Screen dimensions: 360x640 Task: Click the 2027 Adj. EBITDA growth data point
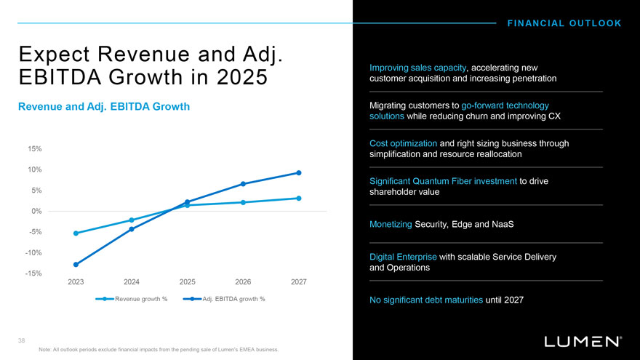pyautogui.click(x=299, y=172)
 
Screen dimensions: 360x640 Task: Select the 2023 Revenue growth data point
pyautogui.click(x=76, y=233)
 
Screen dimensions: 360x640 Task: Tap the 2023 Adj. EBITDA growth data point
pyautogui.click(x=76, y=265)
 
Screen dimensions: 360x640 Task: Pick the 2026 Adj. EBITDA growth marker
pyautogui.click(x=243, y=184)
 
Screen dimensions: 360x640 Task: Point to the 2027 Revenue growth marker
pyautogui.click(x=299, y=199)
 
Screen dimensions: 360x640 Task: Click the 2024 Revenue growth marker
pyautogui.click(x=132, y=220)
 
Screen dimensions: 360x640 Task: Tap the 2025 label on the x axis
pyautogui.click(x=188, y=281)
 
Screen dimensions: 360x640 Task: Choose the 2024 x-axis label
pyautogui.click(x=132, y=281)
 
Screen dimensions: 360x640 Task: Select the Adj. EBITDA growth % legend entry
pyautogui.click(x=226, y=299)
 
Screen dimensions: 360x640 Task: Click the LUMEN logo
pyautogui.click(x=583, y=340)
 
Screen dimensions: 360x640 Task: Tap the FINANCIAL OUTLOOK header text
pyautogui.click(x=564, y=23)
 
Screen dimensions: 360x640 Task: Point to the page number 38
pyautogui.click(x=23, y=339)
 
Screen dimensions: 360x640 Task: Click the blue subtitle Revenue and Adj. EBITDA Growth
pyautogui.click(x=104, y=107)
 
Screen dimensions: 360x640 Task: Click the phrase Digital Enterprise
pyautogui.click(x=403, y=257)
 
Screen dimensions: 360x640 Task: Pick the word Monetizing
pyautogui.click(x=391, y=224)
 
